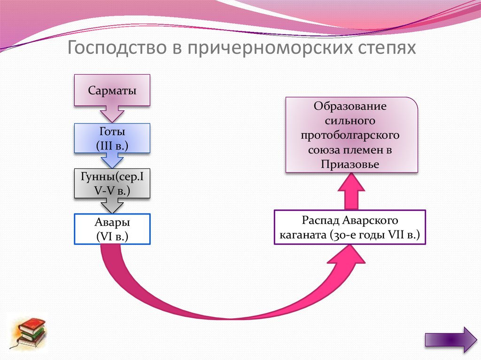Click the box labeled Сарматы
(112, 90)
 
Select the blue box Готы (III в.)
(112, 138)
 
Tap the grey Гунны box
(112, 184)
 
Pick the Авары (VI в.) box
(112, 229)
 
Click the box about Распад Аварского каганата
(349, 227)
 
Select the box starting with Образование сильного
(351, 135)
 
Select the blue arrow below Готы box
(112, 160)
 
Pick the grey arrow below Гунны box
(112, 205)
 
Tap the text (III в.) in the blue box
(112, 146)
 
